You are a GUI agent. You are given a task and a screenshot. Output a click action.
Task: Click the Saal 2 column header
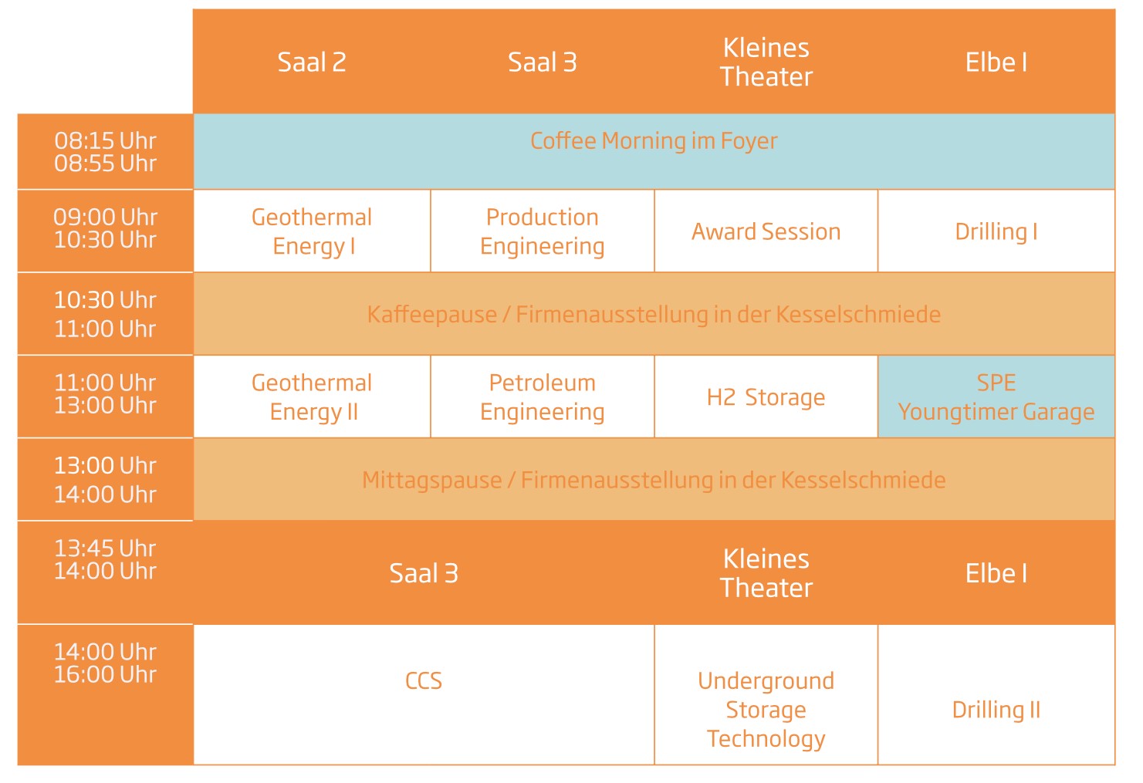(x=312, y=62)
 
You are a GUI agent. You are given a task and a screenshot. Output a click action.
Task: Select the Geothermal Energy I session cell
(x=312, y=231)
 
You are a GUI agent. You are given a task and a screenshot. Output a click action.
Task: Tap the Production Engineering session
(x=543, y=231)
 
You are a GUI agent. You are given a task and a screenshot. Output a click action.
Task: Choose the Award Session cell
(x=766, y=231)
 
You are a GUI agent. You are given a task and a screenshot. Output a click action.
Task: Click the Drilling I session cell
(x=996, y=231)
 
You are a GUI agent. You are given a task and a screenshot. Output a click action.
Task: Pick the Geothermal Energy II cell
(x=312, y=397)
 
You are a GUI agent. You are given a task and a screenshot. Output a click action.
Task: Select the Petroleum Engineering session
(x=543, y=397)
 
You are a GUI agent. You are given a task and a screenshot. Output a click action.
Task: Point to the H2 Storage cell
(x=766, y=397)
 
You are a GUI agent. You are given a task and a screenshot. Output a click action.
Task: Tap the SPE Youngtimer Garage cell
(x=996, y=397)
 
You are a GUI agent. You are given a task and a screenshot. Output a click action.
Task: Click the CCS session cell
(x=424, y=694)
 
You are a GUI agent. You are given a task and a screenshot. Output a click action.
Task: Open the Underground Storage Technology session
(x=766, y=694)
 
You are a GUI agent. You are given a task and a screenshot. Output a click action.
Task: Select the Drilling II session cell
(x=996, y=694)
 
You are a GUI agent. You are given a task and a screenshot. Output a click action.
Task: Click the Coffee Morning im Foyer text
(x=654, y=141)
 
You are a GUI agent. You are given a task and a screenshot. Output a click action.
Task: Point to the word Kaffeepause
(x=431, y=315)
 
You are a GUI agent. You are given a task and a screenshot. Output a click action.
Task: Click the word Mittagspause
(x=431, y=481)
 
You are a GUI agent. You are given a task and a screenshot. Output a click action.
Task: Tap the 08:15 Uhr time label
(x=105, y=141)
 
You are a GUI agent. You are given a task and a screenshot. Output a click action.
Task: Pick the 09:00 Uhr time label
(x=105, y=218)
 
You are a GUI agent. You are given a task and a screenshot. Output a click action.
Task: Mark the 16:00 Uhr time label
(x=105, y=674)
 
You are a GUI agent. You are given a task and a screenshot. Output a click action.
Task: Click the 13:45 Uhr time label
(x=105, y=548)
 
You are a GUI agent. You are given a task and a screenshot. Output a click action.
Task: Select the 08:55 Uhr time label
(x=105, y=164)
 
